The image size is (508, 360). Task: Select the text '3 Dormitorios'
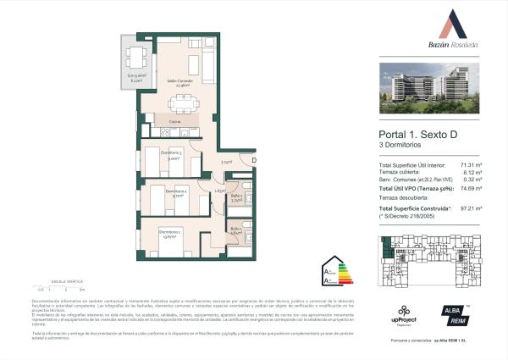402,149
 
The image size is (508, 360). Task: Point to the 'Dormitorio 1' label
169,233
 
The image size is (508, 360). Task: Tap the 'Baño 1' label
236,230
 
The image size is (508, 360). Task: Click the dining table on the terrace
134,58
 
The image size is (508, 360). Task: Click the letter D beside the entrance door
252,161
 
